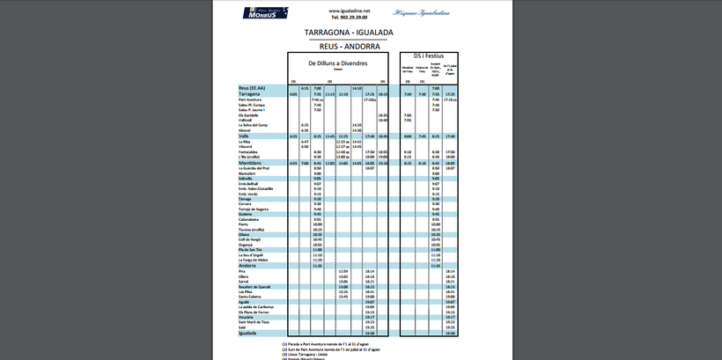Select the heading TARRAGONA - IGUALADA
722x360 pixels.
pyautogui.click(x=350, y=33)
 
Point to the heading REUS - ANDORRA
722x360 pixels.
pyautogui.click(x=350, y=45)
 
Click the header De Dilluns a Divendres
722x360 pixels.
pyautogui.click(x=337, y=63)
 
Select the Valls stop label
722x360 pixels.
pyautogui.click(x=244, y=136)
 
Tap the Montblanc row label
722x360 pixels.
pyautogui.click(x=250, y=163)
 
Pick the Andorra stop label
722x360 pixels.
pyautogui.click(x=247, y=265)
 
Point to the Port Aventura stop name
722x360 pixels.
pyautogui.click(x=252, y=99)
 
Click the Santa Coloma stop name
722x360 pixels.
pyautogui.click(x=251, y=297)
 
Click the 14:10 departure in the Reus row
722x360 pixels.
pyautogui.click(x=357, y=88)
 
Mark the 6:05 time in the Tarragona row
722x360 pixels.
pyautogui.click(x=293, y=94)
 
